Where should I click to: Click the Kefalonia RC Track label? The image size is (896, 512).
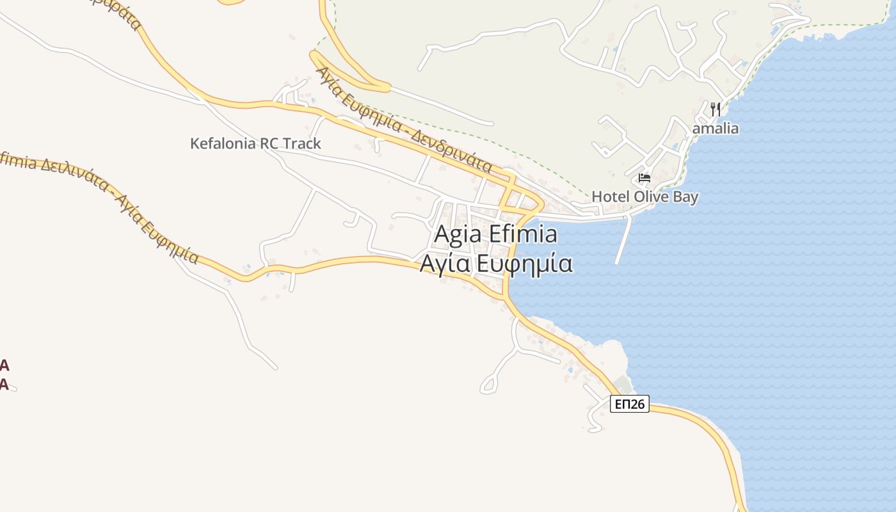point(255,143)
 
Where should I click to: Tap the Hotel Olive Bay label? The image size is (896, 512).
point(644,196)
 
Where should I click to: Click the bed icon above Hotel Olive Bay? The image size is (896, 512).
point(644,177)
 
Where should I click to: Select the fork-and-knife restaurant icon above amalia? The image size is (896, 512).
point(716,109)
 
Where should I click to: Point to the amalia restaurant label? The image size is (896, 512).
point(716,129)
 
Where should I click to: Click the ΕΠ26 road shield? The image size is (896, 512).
point(630,404)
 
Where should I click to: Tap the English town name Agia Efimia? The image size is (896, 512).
point(495,234)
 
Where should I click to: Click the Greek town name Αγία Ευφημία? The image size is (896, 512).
point(495,263)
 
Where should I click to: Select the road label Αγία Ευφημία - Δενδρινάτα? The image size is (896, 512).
point(404,120)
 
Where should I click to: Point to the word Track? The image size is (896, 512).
point(301,143)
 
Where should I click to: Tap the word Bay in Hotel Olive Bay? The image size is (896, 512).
point(685,196)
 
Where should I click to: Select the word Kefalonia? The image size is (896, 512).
point(221,143)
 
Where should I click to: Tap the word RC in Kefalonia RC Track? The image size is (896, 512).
point(268,143)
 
